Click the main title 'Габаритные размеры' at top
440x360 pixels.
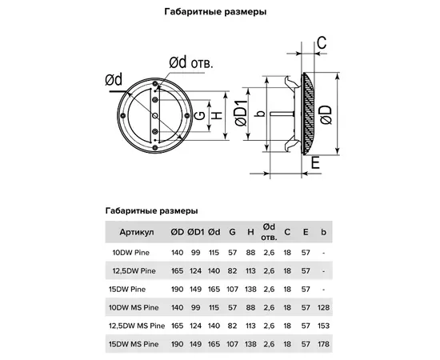pos(220,13)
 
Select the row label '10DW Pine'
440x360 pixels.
pos(130,252)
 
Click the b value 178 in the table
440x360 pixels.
pos(323,344)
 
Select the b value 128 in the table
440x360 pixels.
pos(323,307)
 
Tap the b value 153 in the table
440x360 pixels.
pos(323,326)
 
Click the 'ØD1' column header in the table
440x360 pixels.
pos(195,232)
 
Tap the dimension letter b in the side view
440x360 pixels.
pos(255,114)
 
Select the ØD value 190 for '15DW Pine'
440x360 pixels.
pos(176,289)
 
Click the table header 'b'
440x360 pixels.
pos(323,232)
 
